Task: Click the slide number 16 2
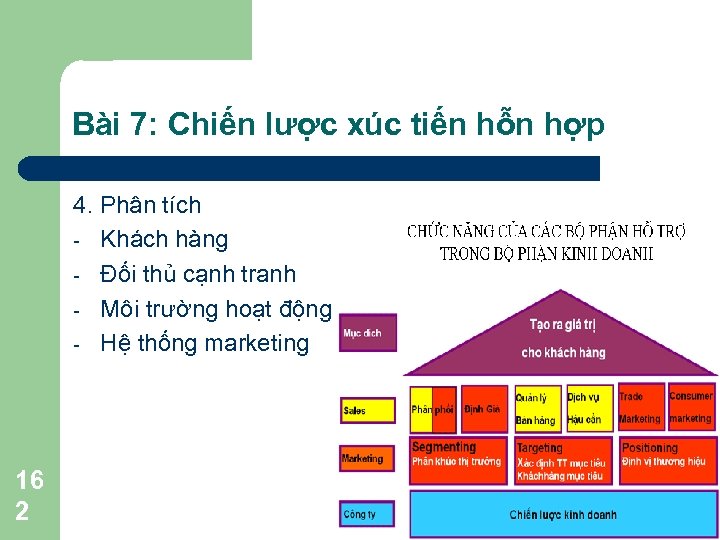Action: pyautogui.click(x=30, y=495)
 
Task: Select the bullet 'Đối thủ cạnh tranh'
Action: pyautogui.click(x=198, y=273)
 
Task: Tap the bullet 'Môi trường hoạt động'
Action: pyautogui.click(x=215, y=308)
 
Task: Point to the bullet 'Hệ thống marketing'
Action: pyautogui.click(x=205, y=343)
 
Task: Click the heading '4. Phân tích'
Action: pyautogui.click(x=137, y=206)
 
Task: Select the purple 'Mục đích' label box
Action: pyautogui.click(x=368, y=333)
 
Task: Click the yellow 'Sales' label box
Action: pyautogui.click(x=368, y=410)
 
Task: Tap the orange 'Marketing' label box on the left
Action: pyautogui.click(x=368, y=459)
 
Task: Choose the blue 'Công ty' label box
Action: pyautogui.click(x=368, y=514)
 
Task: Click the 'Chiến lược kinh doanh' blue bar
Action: pyautogui.click(x=563, y=515)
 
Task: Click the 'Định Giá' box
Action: pyautogui.click(x=484, y=409)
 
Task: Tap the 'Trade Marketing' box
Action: pyautogui.click(x=640, y=408)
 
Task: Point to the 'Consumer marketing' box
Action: pyautogui.click(x=691, y=408)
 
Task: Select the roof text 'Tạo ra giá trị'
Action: pyautogui.click(x=563, y=325)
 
